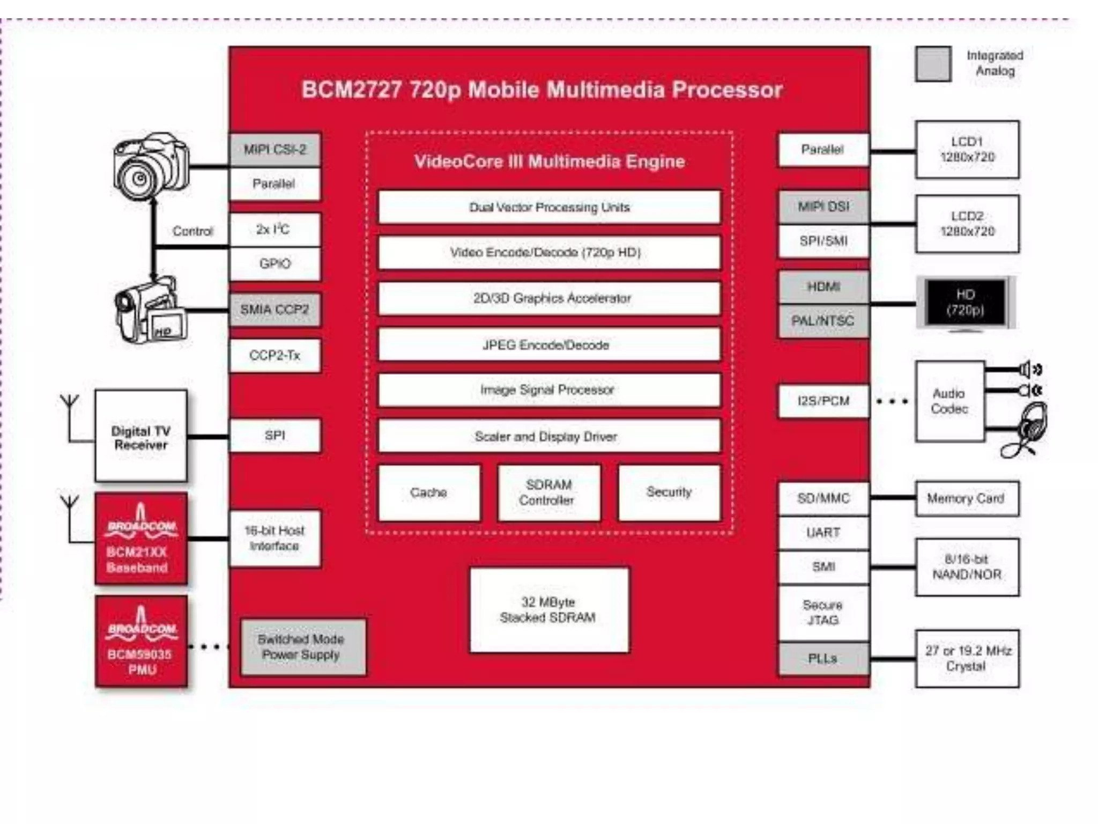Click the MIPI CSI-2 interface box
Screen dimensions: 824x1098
(x=275, y=150)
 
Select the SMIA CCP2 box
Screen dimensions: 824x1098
(x=275, y=310)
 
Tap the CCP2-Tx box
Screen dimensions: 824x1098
(x=275, y=355)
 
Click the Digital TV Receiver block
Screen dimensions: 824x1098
(x=141, y=436)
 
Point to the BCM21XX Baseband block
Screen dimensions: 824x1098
(x=141, y=539)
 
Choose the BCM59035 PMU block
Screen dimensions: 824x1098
(x=142, y=641)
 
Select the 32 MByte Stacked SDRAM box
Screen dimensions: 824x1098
(x=549, y=610)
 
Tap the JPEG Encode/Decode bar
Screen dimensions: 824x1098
(x=549, y=345)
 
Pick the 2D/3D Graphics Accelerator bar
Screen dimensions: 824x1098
(x=549, y=298)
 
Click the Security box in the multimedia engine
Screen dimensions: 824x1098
(x=669, y=492)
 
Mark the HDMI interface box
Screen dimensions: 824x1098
(x=823, y=287)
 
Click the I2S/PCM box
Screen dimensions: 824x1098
(x=823, y=401)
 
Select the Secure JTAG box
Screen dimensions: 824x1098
(x=823, y=613)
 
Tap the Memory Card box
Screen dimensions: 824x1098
(x=967, y=498)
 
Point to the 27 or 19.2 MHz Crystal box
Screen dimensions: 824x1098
(x=967, y=658)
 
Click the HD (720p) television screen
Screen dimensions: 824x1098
(x=965, y=303)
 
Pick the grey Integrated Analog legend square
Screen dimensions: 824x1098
(x=933, y=64)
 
